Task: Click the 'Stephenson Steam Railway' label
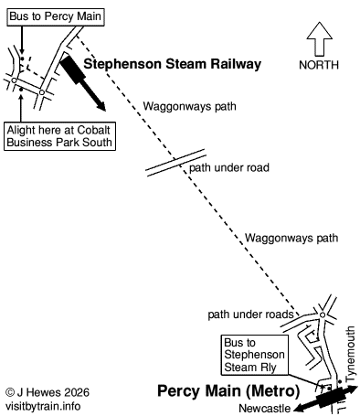pos(173,64)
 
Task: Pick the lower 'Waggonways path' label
pos(285,240)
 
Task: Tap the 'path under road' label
pos(226,169)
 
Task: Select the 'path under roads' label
pos(249,314)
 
